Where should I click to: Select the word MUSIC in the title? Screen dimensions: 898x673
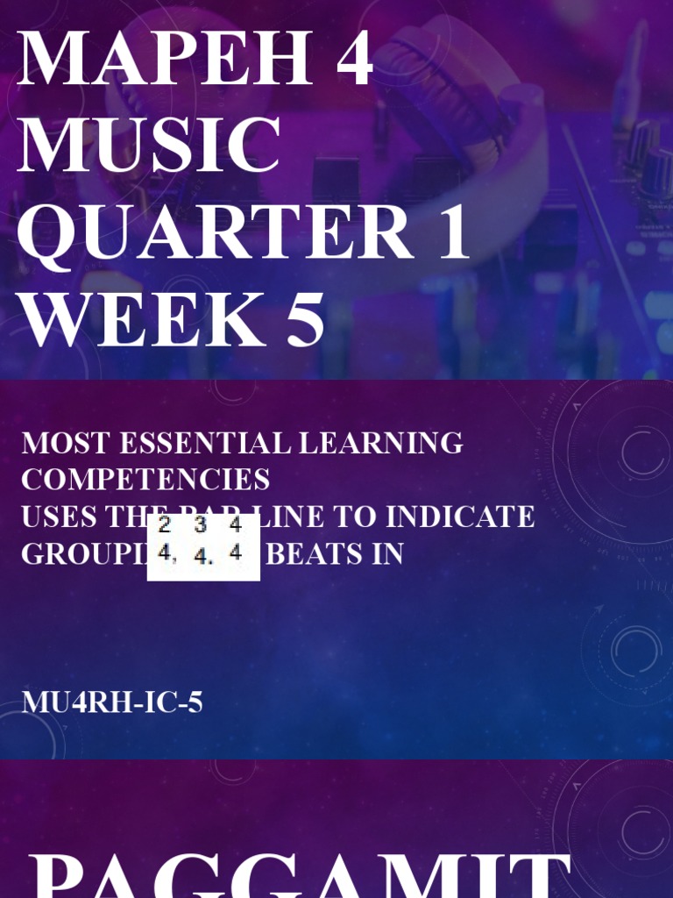pos(149,145)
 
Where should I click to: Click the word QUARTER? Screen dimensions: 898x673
pos(216,232)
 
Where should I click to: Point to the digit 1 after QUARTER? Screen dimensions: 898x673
pos(452,232)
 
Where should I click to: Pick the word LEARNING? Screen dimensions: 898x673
pos(381,443)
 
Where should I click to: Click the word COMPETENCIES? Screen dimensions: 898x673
pos(145,480)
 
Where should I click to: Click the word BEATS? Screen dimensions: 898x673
pos(310,553)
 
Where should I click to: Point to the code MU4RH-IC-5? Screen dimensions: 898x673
pos(112,702)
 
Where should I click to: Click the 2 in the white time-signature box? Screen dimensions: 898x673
pos(164,526)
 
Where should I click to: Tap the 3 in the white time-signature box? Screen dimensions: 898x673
pos(201,526)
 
